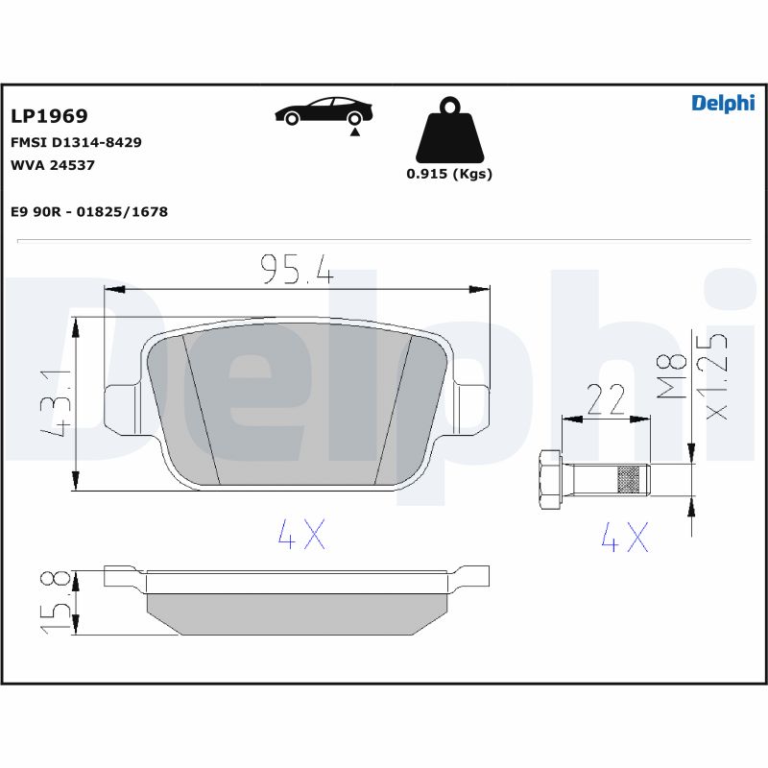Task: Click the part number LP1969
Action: pyautogui.click(x=49, y=116)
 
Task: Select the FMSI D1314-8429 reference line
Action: pyautogui.click(x=76, y=142)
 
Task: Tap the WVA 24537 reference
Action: pyautogui.click(x=53, y=165)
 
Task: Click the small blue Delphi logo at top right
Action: pyautogui.click(x=723, y=103)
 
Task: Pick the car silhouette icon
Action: pyautogui.click(x=324, y=111)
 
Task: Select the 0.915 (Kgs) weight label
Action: pyautogui.click(x=449, y=174)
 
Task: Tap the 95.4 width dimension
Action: pyautogui.click(x=297, y=269)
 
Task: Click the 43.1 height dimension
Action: pyautogui.click(x=57, y=404)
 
